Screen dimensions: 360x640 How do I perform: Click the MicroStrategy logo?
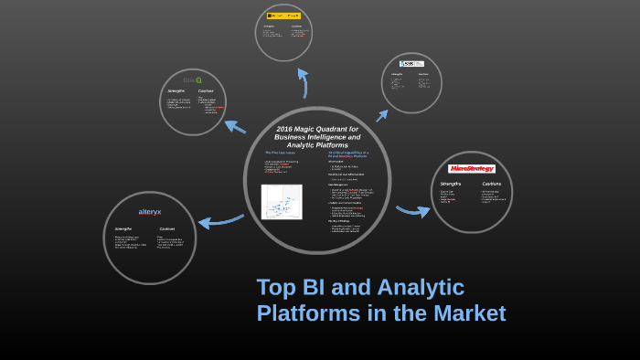471,169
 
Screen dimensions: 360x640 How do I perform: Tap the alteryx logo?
149,212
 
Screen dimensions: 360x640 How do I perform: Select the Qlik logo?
193,80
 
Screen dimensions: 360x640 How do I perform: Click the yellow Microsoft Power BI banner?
283,16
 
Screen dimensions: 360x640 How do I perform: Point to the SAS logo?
411,64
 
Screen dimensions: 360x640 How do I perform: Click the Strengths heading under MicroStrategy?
451,184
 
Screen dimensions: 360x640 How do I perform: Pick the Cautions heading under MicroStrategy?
491,184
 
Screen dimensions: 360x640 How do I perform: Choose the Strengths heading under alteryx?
123,228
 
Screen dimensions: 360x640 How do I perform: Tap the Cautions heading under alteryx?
167,228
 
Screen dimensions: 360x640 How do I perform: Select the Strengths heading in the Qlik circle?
176,91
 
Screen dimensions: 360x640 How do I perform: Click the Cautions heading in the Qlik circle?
206,91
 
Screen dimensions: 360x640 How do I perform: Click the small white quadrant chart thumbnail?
281,202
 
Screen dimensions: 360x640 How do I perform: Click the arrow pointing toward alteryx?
219,220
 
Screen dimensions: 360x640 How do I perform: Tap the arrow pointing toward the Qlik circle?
234,126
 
